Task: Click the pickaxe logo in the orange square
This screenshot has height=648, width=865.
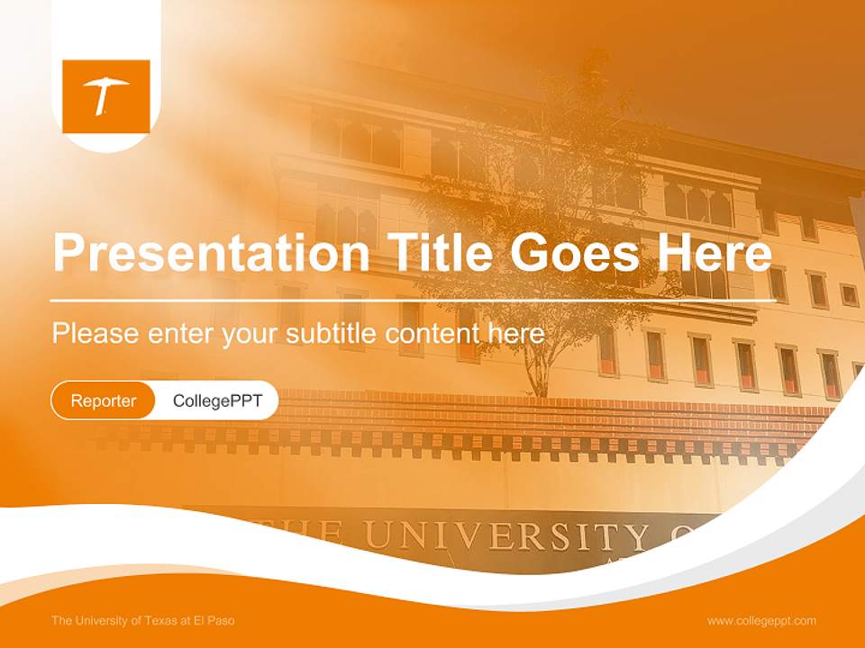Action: pos(106,95)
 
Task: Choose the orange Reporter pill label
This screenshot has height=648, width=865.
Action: pos(103,400)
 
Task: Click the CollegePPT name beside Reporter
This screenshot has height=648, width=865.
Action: pos(217,400)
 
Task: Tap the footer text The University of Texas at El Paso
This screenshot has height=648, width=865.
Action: pos(142,621)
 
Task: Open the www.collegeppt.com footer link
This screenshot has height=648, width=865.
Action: pos(761,621)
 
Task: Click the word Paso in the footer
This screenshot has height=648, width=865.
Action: pos(221,621)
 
